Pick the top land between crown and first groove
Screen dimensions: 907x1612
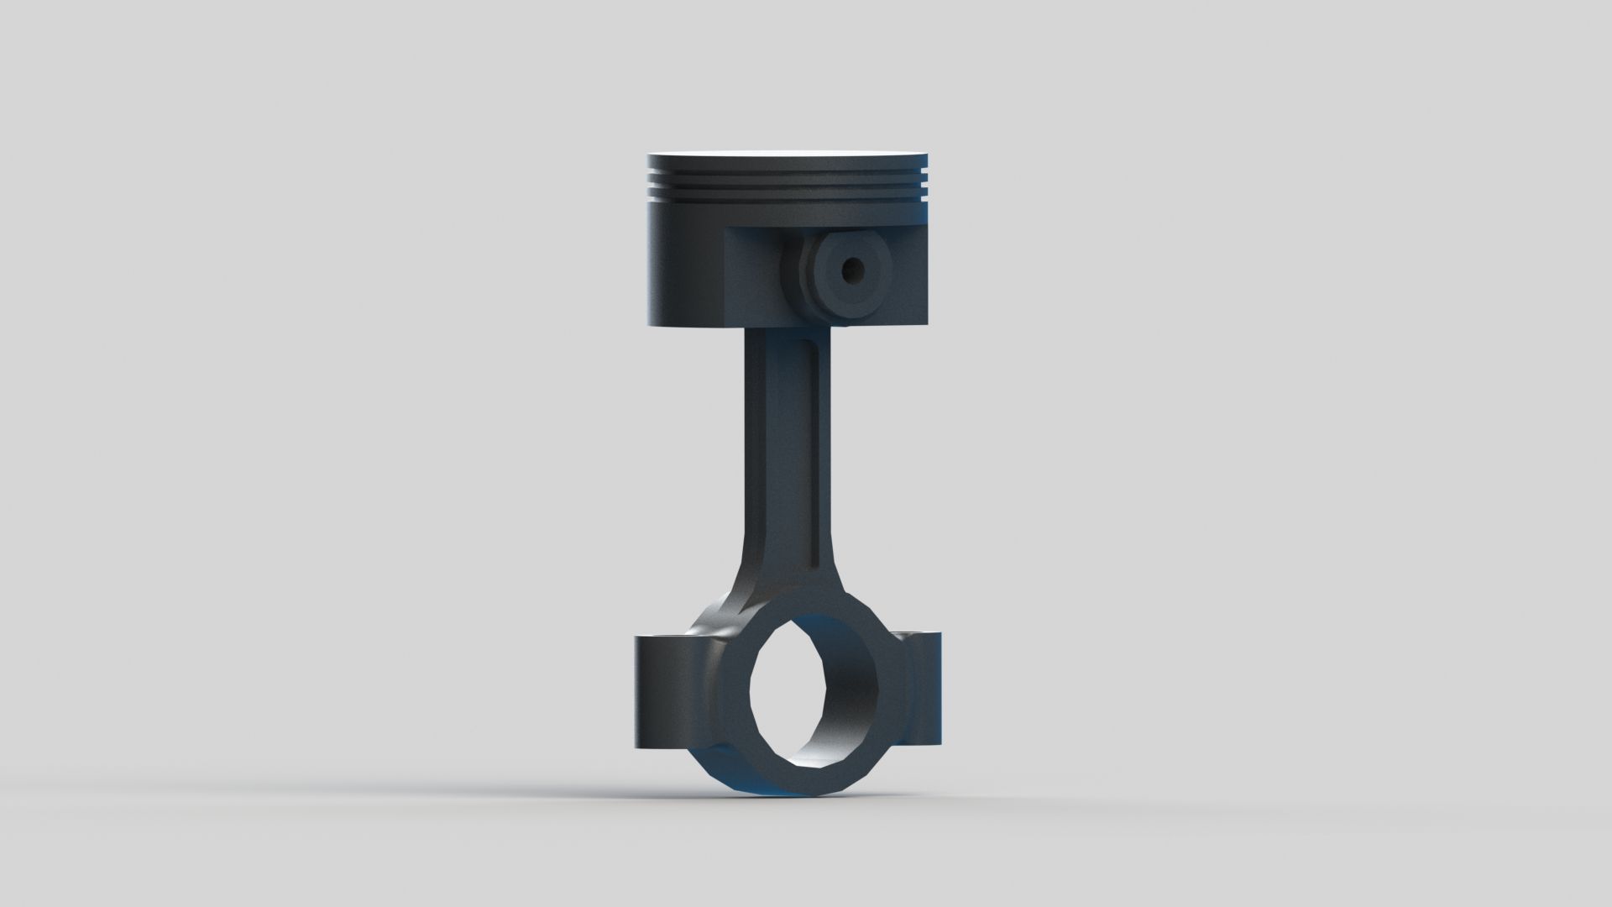[x=789, y=162]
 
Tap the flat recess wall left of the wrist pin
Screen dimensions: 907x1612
[x=751, y=277]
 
